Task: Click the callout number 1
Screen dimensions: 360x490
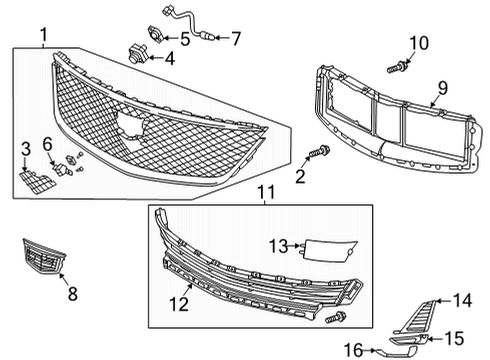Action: click(43, 38)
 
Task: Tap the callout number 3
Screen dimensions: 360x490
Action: click(26, 149)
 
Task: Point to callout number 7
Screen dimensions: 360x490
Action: click(236, 40)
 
